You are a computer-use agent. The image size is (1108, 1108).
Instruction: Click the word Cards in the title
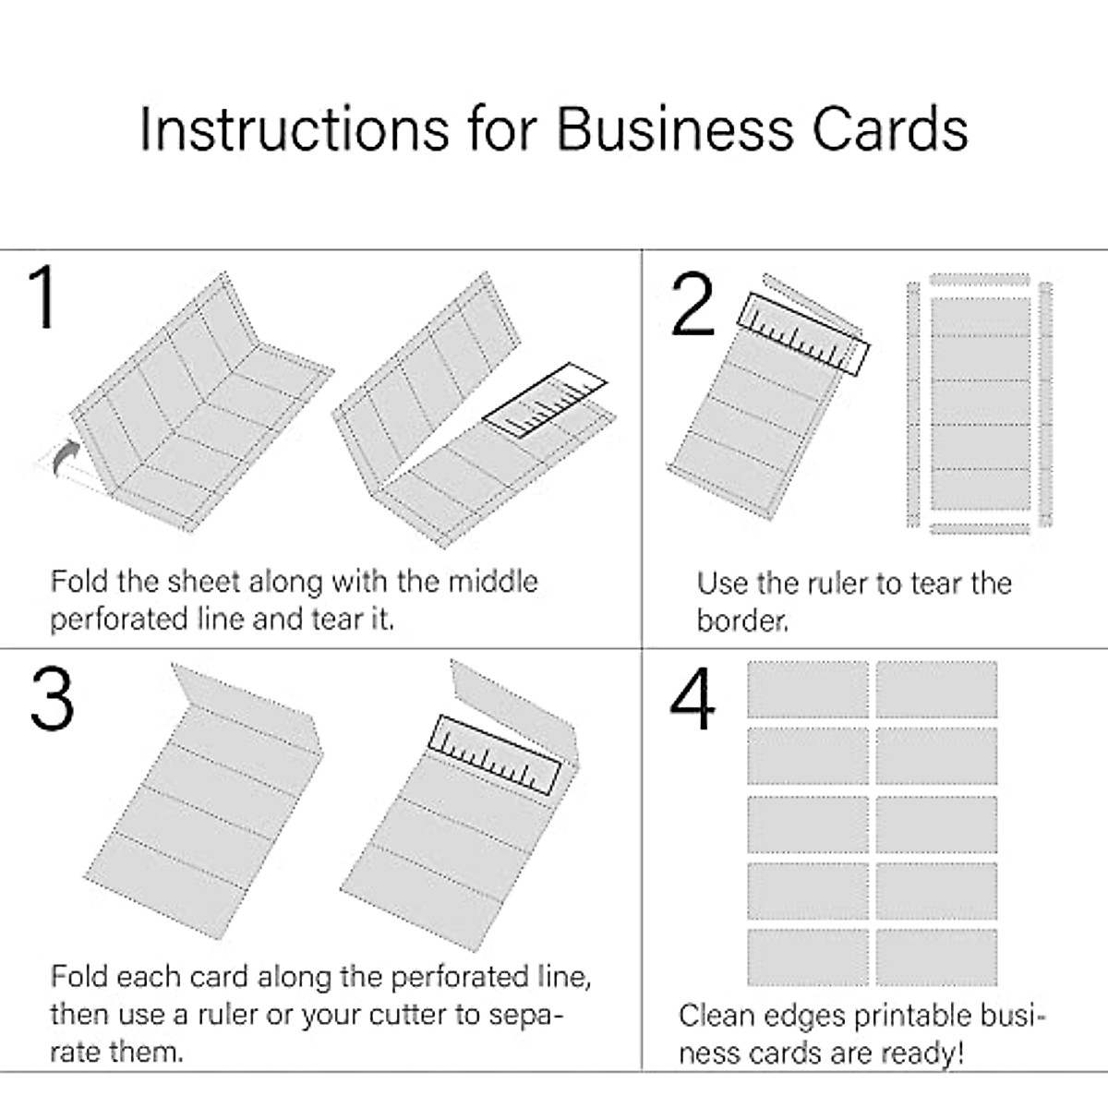[x=890, y=128]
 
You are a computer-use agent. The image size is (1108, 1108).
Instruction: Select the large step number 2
[x=692, y=305]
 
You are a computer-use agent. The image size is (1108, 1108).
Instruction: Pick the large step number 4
[x=692, y=699]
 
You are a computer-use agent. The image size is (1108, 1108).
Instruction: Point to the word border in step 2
[x=742, y=620]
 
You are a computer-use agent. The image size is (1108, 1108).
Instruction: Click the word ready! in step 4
[x=921, y=1054]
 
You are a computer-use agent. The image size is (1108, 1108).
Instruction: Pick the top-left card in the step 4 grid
[x=807, y=690]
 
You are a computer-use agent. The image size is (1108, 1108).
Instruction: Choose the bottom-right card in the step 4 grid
[x=936, y=957]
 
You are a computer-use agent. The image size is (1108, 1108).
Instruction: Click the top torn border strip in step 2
[x=979, y=279]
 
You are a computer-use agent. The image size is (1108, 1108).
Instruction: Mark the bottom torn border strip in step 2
[x=979, y=528]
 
